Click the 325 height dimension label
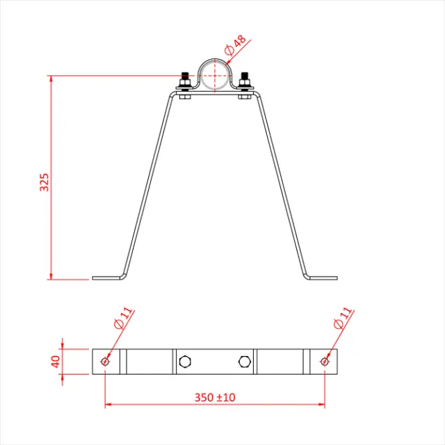[x=44, y=182]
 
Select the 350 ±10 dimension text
[x=215, y=397]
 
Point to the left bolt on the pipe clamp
[x=185, y=82]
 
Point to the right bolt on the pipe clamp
[x=245, y=82]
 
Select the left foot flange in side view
[x=107, y=278]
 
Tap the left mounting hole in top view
[x=105, y=361]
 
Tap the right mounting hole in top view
[x=325, y=361]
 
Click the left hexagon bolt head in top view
[x=185, y=361]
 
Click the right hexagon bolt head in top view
[x=244, y=361]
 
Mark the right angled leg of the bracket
[x=282, y=184]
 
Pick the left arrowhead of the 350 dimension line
[x=109, y=404]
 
